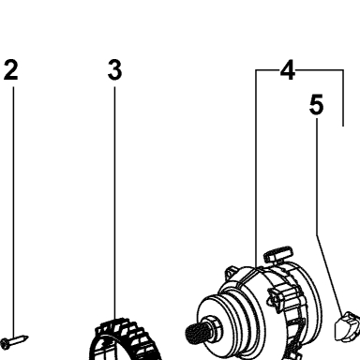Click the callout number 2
11,70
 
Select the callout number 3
114,70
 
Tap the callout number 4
288,70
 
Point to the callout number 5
316,105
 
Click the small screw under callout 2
14,340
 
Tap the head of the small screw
5,343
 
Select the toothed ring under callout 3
125,339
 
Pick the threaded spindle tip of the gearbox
194,332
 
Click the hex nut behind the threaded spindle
212,326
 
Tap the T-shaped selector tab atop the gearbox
278,254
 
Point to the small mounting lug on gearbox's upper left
231,271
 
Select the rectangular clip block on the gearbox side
276,297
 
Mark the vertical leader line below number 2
13,212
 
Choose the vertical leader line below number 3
114,202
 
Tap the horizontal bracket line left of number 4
267,70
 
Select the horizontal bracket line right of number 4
320,70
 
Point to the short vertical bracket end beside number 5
343,98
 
